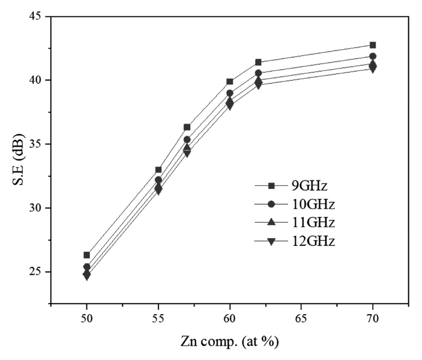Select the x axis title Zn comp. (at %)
click(x=230, y=343)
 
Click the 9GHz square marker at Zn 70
click(x=373, y=45)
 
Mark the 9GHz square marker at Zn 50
click(x=87, y=255)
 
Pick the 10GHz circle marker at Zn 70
click(x=373, y=56)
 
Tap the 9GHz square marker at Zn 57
click(x=187, y=127)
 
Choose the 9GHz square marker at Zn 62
click(x=258, y=62)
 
